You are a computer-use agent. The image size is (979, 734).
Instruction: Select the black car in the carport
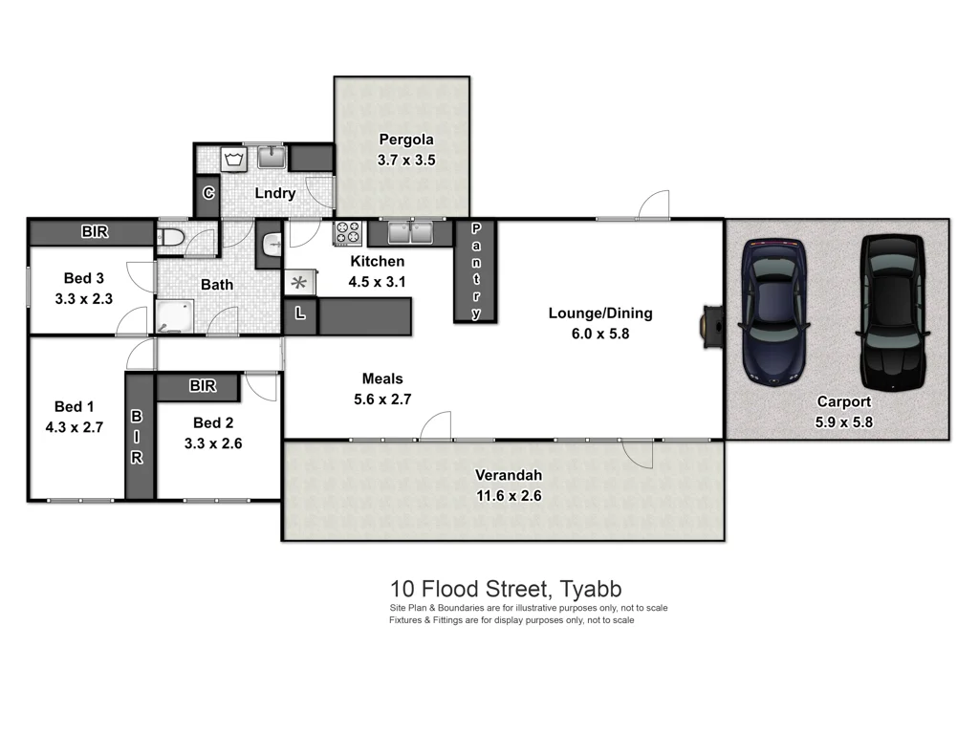tap(894, 312)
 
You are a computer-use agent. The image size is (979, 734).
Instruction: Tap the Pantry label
tap(476, 270)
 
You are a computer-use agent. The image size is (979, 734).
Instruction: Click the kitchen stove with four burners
tap(346, 232)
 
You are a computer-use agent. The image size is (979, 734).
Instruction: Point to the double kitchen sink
tap(412, 232)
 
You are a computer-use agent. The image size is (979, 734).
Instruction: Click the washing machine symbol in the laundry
tap(233, 159)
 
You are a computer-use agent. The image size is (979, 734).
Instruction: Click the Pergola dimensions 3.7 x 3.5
tap(405, 161)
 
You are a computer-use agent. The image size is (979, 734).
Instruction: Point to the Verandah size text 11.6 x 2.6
tap(509, 495)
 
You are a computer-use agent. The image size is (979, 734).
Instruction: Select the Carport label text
tap(843, 402)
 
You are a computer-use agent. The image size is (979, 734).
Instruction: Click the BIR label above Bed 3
tap(93, 232)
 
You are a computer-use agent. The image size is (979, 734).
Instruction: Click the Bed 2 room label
tap(213, 422)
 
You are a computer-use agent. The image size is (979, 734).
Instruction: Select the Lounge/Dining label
tap(600, 313)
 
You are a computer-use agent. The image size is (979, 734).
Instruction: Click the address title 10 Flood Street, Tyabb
tap(506, 589)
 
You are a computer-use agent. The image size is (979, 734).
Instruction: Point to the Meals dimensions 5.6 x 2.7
tap(381, 399)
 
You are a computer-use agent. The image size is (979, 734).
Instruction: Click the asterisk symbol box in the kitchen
tap(298, 282)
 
